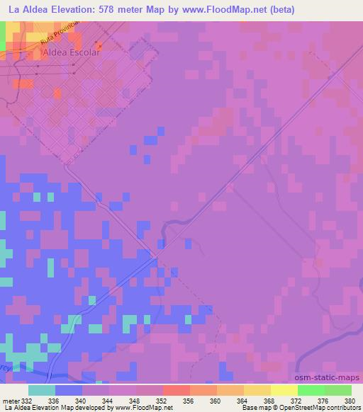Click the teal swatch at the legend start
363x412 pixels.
(42, 390)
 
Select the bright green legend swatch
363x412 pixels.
(311, 390)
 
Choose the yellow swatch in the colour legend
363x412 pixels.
(284, 390)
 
